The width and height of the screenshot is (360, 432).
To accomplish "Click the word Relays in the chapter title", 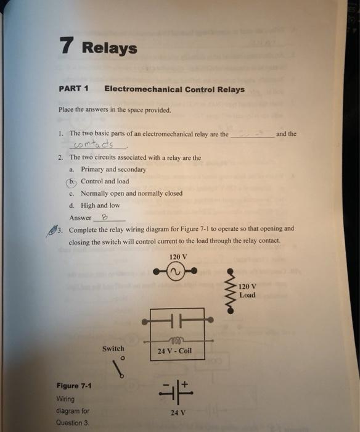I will [109, 48].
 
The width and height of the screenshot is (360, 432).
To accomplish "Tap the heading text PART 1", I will [74, 89].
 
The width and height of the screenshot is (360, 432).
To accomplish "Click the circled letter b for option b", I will [73, 181].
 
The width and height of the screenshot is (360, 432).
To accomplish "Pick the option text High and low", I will [100, 206].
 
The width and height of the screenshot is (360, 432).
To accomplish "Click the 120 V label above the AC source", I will [177, 256].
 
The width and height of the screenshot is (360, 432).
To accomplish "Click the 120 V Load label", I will [247, 291].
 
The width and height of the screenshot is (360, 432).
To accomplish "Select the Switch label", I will [113, 349].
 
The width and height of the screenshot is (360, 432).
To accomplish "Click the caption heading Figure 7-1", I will [73, 386].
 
